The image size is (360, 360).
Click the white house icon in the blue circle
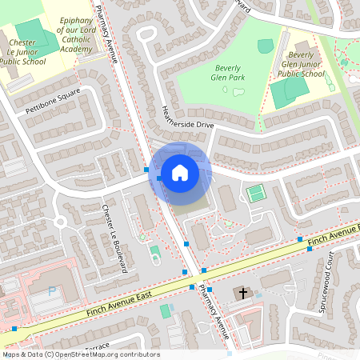(x=180, y=171)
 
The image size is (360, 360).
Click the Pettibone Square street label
(x=53, y=102)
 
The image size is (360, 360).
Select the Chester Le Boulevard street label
(x=114, y=239)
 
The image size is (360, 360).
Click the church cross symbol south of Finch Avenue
(x=242, y=293)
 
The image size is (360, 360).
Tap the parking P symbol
(x=53, y=292)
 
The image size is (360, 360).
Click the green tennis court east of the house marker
(x=255, y=193)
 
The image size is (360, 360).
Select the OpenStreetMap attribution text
(x=81, y=354)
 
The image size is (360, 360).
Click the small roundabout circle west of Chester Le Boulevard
(x=59, y=222)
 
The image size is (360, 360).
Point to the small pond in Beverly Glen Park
(x=238, y=91)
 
